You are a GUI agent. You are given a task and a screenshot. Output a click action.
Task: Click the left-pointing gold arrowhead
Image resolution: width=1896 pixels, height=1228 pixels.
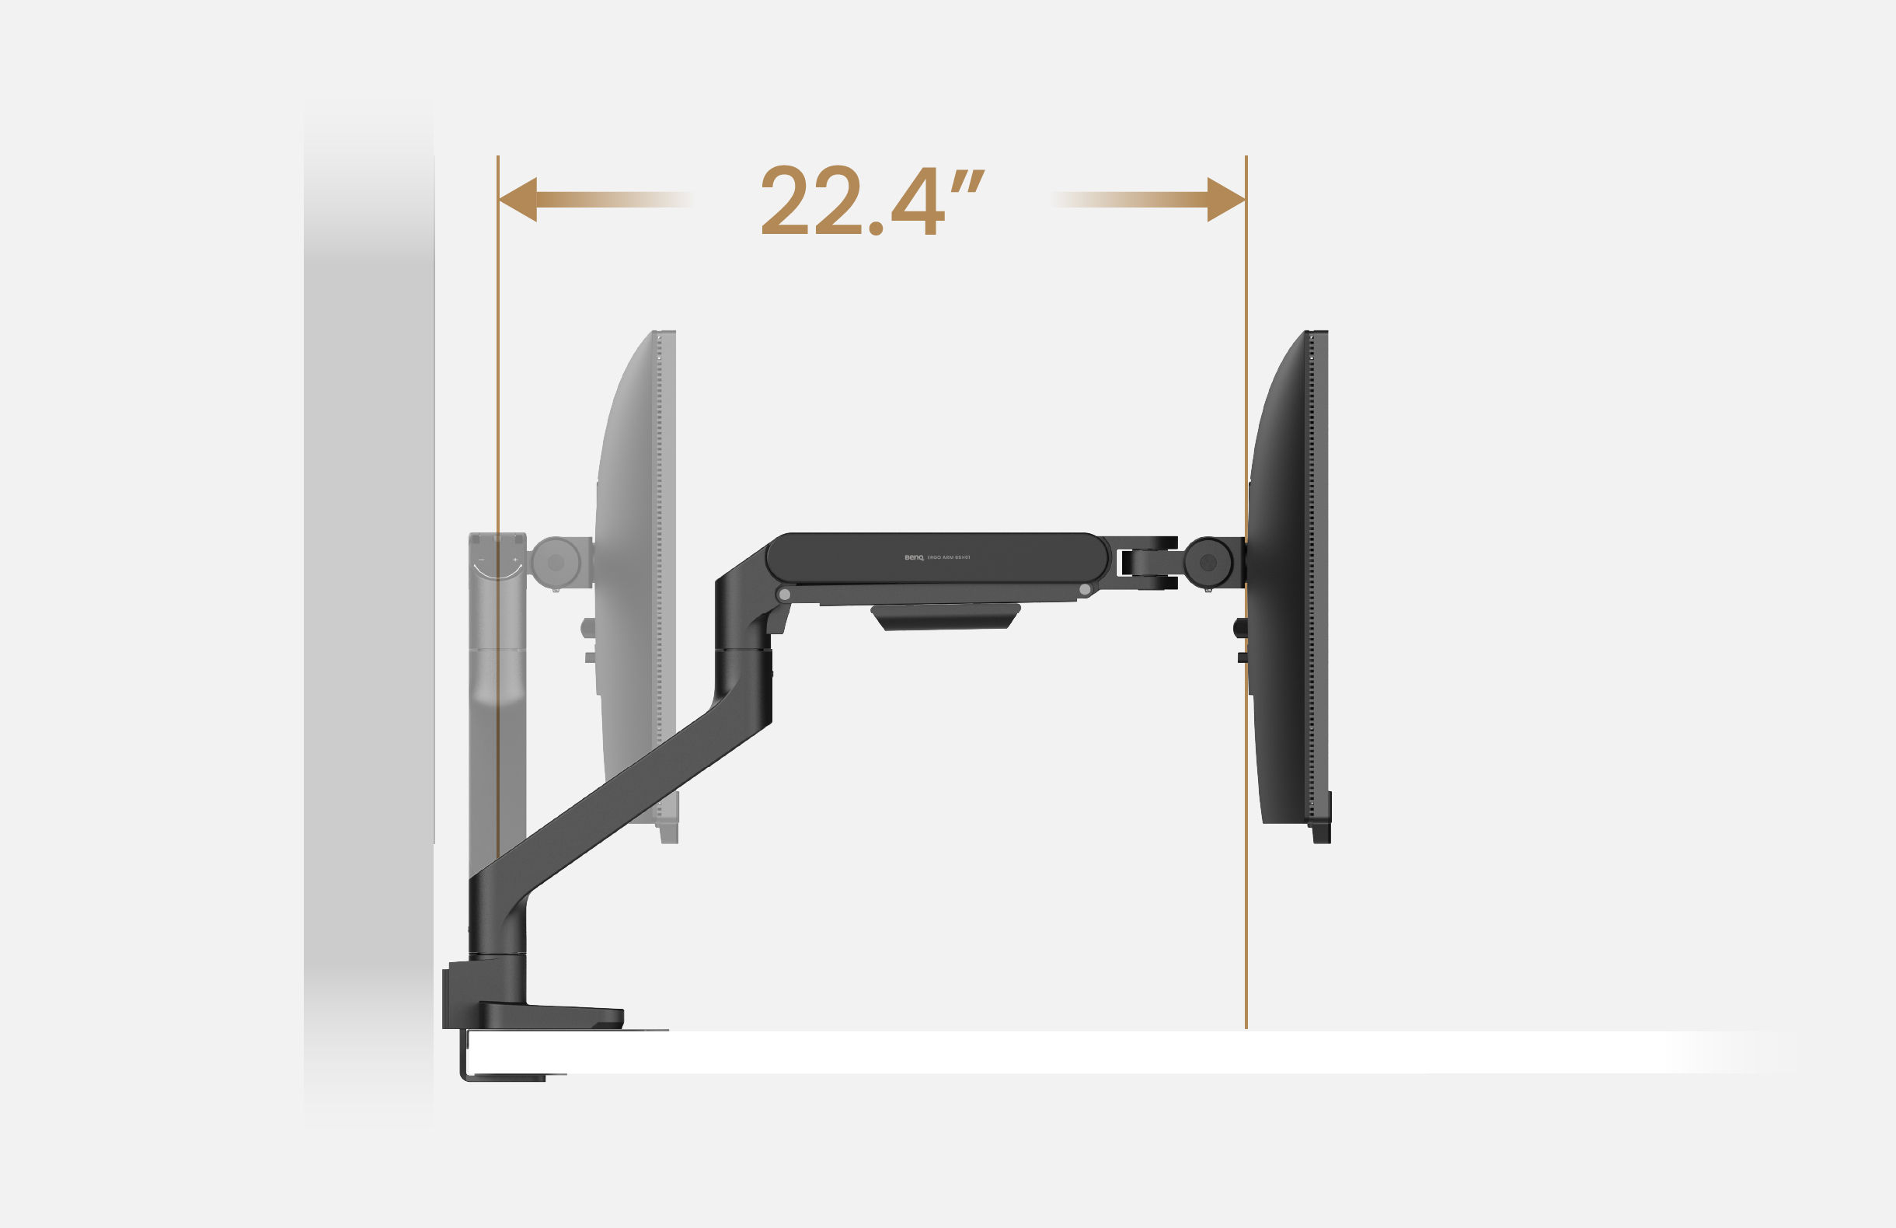pyautogui.click(x=518, y=199)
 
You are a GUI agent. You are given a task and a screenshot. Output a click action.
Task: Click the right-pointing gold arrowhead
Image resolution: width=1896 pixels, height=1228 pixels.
pyautogui.click(x=1225, y=199)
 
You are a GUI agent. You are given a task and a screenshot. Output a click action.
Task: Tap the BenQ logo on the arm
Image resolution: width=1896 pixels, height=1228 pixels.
pyautogui.click(x=914, y=558)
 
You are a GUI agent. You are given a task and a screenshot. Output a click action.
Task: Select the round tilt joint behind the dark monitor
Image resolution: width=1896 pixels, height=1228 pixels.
pyautogui.click(x=1208, y=563)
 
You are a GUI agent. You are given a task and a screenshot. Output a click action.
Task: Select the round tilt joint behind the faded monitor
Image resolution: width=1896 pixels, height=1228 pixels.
pyautogui.click(x=556, y=563)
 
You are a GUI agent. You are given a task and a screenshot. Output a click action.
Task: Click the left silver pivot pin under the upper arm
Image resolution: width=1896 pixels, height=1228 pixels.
pyautogui.click(x=785, y=595)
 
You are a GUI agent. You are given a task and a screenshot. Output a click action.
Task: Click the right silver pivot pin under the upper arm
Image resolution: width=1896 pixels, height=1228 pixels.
pyautogui.click(x=1084, y=590)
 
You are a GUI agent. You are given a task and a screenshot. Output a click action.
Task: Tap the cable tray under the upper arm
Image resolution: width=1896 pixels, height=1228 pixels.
pyautogui.click(x=946, y=617)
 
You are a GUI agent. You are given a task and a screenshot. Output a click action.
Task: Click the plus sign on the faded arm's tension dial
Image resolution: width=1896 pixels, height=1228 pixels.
pyautogui.click(x=515, y=560)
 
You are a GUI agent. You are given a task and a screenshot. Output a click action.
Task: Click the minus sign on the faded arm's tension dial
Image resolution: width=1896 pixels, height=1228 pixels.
pyautogui.click(x=480, y=561)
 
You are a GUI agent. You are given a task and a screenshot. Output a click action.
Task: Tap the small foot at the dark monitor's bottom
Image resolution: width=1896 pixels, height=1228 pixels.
pyautogui.click(x=1321, y=832)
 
